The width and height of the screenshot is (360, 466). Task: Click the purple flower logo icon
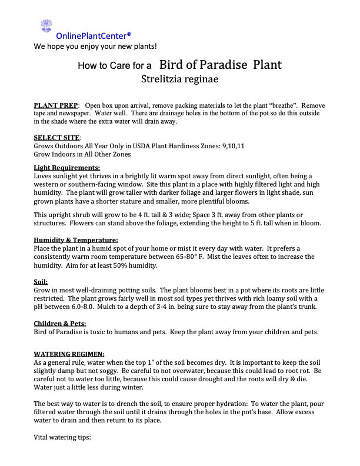46,26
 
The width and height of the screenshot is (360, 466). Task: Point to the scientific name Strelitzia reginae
179,78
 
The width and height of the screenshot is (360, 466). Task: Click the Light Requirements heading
67,168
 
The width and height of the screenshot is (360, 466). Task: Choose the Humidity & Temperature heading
76,240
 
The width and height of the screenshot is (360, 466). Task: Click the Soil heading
41,282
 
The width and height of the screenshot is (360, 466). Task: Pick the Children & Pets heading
60,324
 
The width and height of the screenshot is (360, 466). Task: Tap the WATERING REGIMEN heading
69,354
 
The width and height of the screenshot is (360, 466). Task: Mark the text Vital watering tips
62,438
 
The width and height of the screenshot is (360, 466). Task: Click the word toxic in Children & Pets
98,332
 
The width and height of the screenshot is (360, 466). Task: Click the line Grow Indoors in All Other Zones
82,154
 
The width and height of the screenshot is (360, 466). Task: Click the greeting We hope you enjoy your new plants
95,46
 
